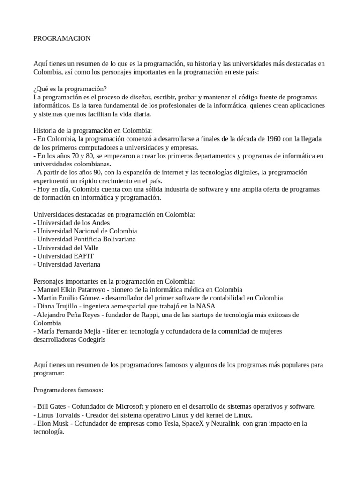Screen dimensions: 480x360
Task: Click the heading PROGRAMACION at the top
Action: pyautogui.click(x=62, y=38)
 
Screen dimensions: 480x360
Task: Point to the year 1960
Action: pyautogui.click(x=275, y=139)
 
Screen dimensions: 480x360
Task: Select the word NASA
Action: pyautogui.click(x=206, y=306)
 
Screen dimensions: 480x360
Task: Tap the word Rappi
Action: pyautogui.click(x=157, y=315)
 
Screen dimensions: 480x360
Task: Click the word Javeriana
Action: pyautogui.click(x=87, y=264)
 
